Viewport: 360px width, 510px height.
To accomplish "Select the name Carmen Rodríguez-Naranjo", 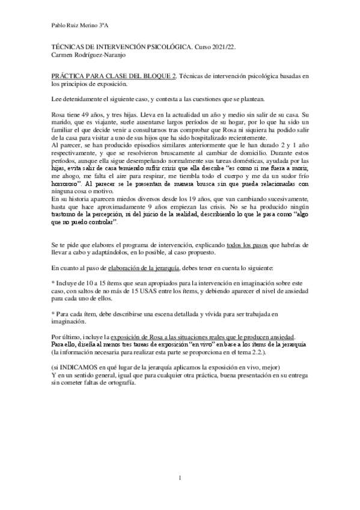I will point(87,54).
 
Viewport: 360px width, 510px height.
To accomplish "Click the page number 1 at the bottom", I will point(180,478).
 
